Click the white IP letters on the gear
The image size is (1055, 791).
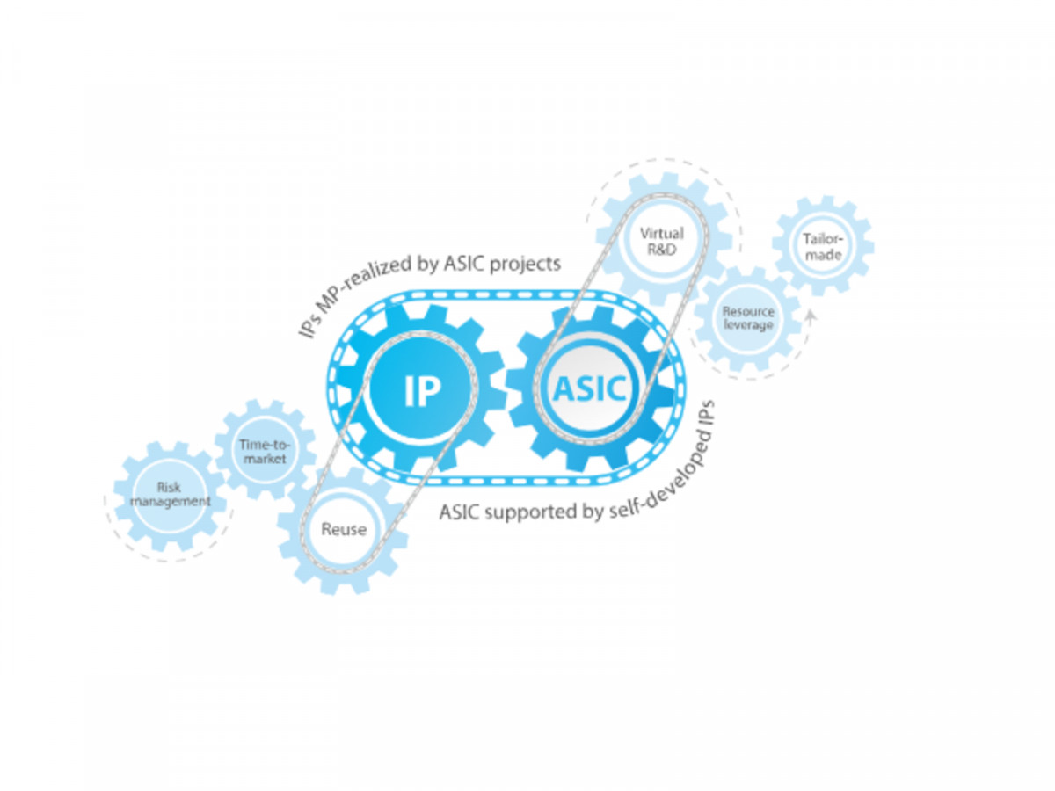coord(421,390)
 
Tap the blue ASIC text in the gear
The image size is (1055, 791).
coord(589,388)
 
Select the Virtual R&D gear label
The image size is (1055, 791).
coord(661,241)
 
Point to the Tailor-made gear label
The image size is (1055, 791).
coord(823,247)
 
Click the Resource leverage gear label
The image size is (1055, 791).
coord(748,318)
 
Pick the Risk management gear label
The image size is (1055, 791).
coord(170,494)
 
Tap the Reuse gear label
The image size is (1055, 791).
coord(344,529)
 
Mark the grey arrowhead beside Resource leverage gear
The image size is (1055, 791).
coord(811,315)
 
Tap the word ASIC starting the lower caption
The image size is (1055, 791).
coord(459,513)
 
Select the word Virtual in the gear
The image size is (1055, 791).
coord(661,234)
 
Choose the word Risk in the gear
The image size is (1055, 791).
coord(169,488)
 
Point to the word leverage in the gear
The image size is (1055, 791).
coord(748,325)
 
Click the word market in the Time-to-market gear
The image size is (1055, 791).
coord(265,459)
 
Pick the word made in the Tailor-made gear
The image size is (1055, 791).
coord(823,255)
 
